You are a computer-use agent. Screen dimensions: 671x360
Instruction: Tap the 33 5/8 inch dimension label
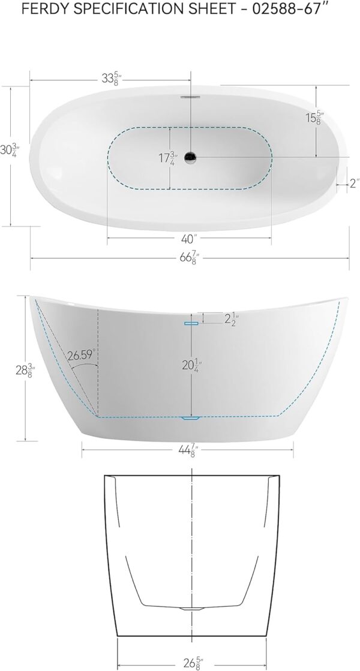tap(109, 79)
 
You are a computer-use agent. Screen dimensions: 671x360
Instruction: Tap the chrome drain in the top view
tap(191, 158)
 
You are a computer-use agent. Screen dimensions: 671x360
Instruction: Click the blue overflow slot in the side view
tap(191, 323)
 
